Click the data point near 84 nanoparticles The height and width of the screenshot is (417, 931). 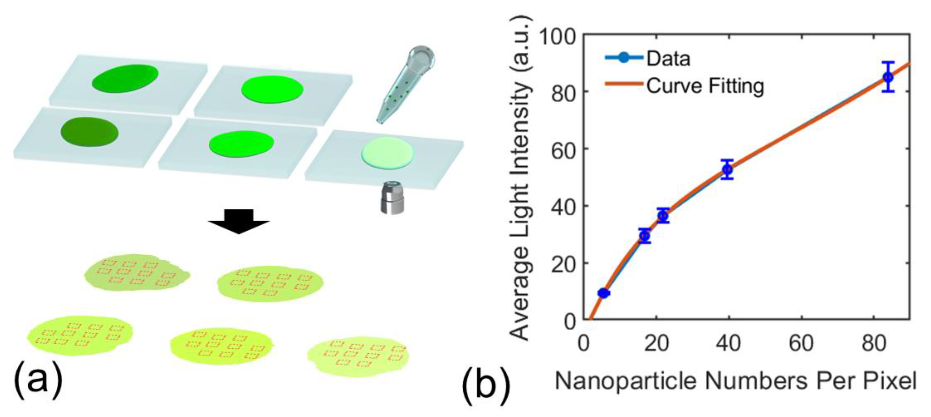[888, 77]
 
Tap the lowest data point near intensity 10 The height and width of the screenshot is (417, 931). [603, 293]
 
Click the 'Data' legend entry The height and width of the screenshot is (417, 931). [668, 58]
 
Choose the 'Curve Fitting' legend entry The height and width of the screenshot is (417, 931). [705, 86]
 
